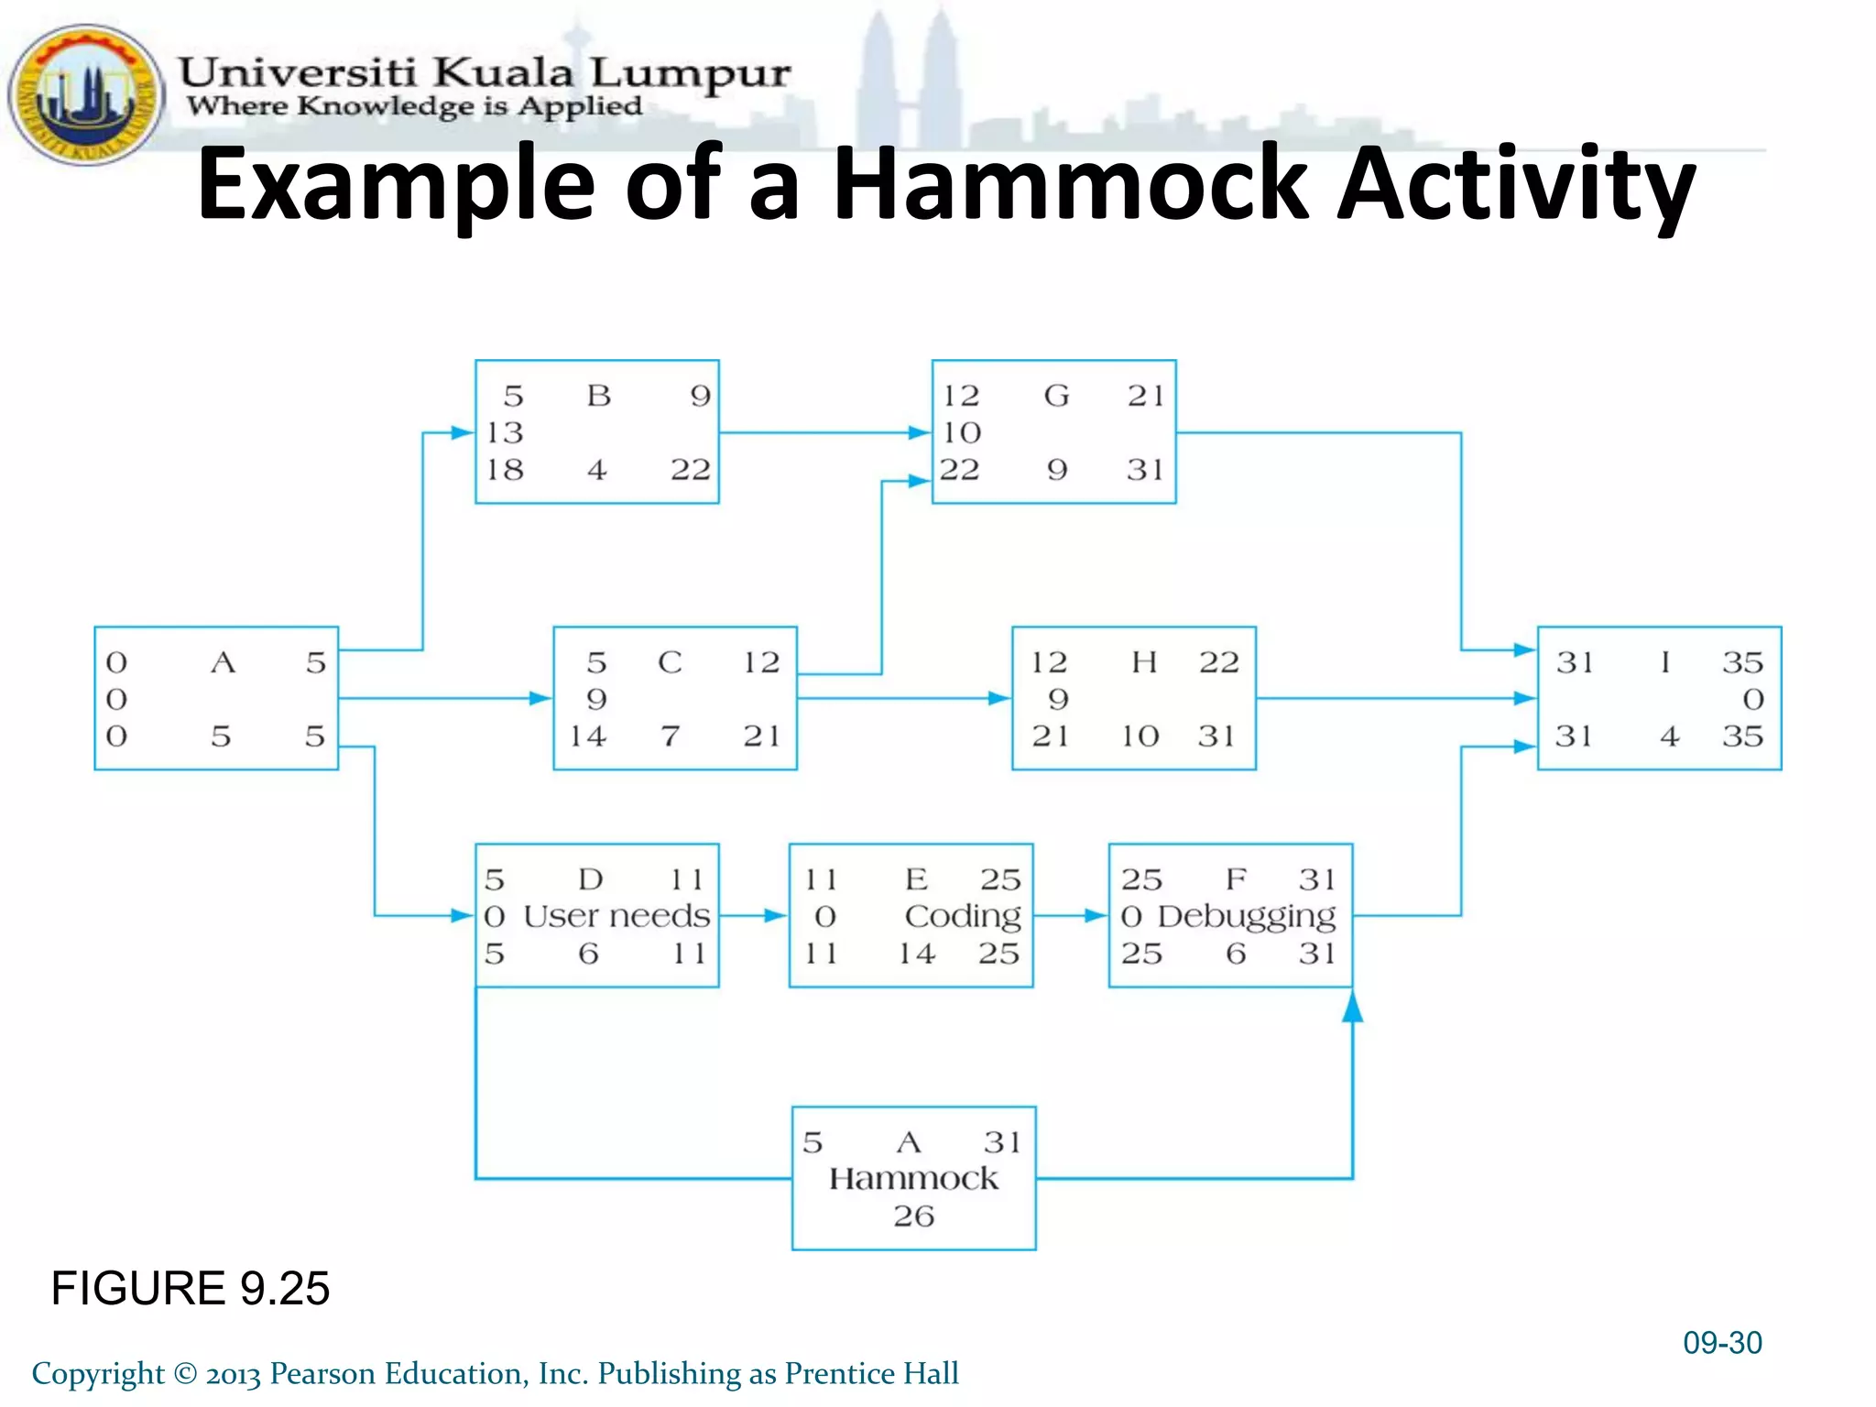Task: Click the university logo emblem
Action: click(85, 94)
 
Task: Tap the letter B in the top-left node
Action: click(598, 396)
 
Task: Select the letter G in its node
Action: click(1056, 396)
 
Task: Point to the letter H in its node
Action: click(1144, 662)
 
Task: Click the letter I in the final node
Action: click(1664, 662)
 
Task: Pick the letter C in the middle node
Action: click(670, 662)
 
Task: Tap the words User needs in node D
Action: click(616, 916)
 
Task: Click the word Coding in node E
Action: click(963, 916)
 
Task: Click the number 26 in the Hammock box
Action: click(913, 1216)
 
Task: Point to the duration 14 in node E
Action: click(917, 954)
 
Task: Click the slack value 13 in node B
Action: click(505, 432)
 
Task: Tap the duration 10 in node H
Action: click(1140, 736)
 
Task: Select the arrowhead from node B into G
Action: click(919, 432)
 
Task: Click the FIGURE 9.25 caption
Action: click(190, 1288)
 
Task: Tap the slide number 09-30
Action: click(1722, 1343)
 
